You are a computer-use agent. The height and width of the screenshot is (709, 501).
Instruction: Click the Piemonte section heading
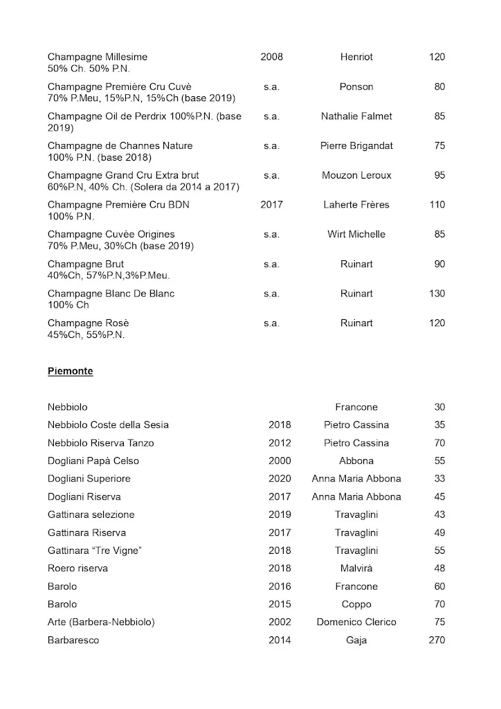pyautogui.click(x=70, y=371)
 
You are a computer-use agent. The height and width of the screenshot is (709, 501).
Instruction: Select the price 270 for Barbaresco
pyautogui.click(x=437, y=640)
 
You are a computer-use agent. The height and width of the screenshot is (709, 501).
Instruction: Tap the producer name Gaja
pyautogui.click(x=356, y=640)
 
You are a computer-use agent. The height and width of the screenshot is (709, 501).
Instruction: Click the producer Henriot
pyautogui.click(x=356, y=57)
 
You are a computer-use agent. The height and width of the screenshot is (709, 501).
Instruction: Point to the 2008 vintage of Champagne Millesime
pyautogui.click(x=271, y=57)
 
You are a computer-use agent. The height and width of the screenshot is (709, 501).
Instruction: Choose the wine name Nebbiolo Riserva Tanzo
pyautogui.click(x=101, y=443)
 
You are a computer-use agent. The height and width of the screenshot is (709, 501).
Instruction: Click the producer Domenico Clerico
pyautogui.click(x=356, y=622)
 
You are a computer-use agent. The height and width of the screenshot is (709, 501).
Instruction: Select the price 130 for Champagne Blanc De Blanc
pyautogui.click(x=437, y=294)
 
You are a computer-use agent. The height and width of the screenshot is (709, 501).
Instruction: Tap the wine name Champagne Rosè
pyautogui.click(x=89, y=323)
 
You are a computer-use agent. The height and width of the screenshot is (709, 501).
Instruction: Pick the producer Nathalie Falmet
pyautogui.click(x=356, y=116)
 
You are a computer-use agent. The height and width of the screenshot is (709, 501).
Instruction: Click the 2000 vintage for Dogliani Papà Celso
pyautogui.click(x=280, y=461)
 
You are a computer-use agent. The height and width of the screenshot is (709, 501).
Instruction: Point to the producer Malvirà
pyautogui.click(x=356, y=568)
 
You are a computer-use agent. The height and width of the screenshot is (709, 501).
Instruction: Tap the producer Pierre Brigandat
pyautogui.click(x=356, y=146)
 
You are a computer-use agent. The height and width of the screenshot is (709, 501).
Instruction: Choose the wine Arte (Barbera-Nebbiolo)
pyautogui.click(x=101, y=622)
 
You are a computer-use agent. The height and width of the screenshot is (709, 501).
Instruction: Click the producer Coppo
pyautogui.click(x=356, y=604)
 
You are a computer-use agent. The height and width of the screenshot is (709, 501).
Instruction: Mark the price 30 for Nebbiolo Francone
pyautogui.click(x=439, y=407)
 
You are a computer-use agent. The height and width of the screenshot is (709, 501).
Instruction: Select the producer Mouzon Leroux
pyautogui.click(x=356, y=176)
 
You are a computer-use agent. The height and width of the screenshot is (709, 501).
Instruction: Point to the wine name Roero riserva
pyautogui.click(x=78, y=568)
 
